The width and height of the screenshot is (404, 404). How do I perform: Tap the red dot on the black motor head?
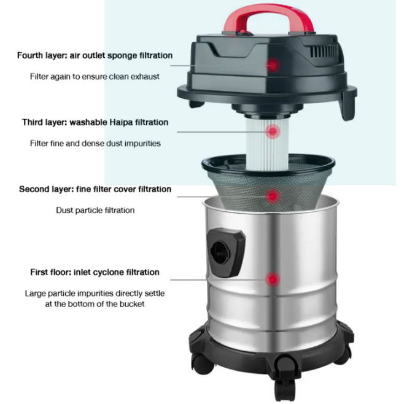pos(273,65)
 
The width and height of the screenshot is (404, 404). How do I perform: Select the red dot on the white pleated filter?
pos(273,131)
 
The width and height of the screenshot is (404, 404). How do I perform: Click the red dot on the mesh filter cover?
pos(273,196)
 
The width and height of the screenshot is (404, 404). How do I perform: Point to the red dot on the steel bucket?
pos(273,279)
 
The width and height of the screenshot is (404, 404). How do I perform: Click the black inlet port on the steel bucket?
pos(226,252)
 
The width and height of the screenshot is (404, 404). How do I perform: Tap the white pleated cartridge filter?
pos(267,144)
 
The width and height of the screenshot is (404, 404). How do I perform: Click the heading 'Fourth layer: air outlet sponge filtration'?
pos(95,55)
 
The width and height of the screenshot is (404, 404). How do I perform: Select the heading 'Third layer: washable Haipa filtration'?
pos(95,122)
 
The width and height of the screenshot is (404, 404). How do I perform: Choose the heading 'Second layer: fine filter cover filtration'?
pos(95,189)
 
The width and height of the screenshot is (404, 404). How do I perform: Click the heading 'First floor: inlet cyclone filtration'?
pos(95,272)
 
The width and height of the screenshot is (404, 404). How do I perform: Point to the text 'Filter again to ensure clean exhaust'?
pos(95,77)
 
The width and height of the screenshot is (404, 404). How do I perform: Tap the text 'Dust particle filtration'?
pos(95,210)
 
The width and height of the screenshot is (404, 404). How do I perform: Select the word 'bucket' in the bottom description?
pos(131,304)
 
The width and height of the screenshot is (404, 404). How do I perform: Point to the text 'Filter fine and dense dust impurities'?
pos(95,143)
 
